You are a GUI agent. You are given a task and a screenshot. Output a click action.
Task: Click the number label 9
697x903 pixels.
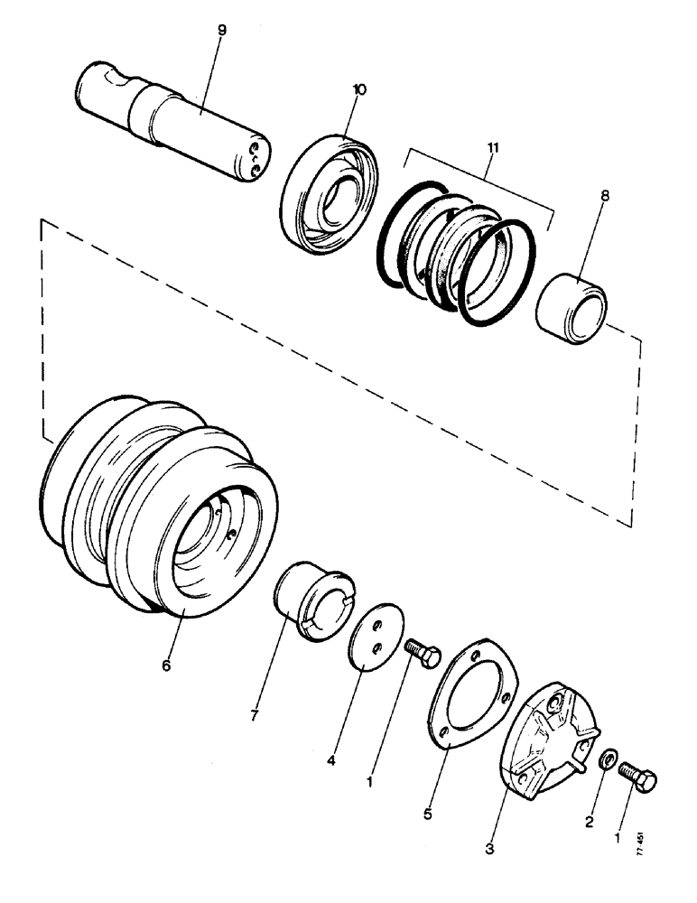click(222, 30)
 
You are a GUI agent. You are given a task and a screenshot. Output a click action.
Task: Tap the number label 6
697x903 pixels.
click(166, 666)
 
